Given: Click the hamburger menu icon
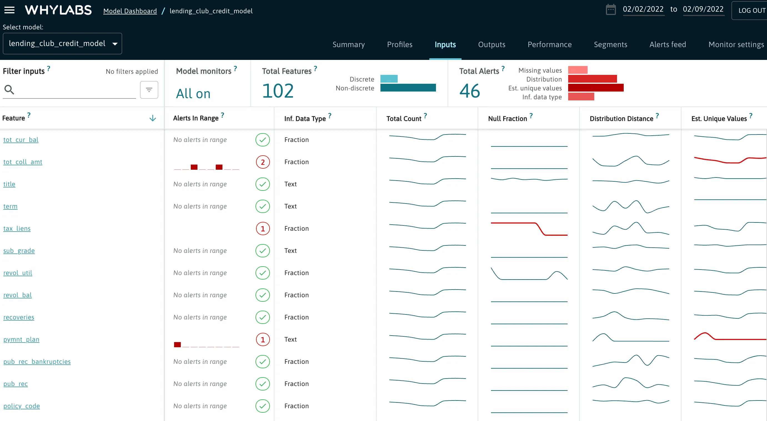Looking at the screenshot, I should point(9,11).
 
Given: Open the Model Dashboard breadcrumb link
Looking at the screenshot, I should point(130,11).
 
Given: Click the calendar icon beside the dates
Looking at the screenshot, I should point(610,9).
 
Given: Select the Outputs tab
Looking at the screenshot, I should point(491,45).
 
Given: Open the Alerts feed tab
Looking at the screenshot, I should point(667,45).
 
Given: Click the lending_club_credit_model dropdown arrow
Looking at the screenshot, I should point(115,44).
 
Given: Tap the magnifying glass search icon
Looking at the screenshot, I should point(9,90).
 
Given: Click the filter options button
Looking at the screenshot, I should point(149,90).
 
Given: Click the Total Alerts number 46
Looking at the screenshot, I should point(469,91).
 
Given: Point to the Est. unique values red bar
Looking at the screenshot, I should point(595,88).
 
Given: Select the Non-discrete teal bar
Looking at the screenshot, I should point(408,88).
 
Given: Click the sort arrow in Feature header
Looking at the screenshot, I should point(152,118).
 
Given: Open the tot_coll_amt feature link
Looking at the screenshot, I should point(22,162).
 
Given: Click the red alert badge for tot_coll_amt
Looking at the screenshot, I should point(263,162).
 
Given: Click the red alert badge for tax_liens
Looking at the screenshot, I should point(263,229).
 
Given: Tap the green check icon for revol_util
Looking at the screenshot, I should point(263,273).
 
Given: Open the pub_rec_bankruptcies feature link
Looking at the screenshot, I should point(37,362).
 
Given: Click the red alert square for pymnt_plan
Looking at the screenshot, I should point(177,344).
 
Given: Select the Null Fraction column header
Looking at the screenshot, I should point(507,119).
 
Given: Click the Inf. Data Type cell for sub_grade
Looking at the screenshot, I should point(290,251).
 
